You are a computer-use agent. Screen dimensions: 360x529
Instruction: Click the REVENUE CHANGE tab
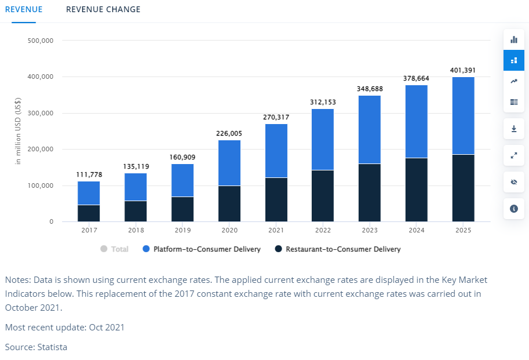click(103, 10)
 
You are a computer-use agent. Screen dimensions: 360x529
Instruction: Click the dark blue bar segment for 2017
click(89, 213)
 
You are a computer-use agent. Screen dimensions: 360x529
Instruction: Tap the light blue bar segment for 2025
click(463, 115)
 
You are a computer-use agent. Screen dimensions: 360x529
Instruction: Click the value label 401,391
click(463, 71)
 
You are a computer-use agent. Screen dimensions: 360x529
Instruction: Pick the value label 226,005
click(229, 133)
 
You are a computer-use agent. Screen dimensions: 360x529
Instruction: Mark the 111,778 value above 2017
click(89, 175)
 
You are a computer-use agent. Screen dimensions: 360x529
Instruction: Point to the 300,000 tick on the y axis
click(41, 114)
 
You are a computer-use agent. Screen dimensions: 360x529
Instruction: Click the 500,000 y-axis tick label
click(41, 41)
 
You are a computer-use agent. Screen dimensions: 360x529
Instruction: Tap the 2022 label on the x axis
click(323, 230)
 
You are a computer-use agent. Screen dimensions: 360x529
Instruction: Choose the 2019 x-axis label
click(183, 230)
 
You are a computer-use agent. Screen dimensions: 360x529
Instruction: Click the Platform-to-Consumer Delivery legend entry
click(202, 249)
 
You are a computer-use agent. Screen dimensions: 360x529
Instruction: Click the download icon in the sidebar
click(513, 129)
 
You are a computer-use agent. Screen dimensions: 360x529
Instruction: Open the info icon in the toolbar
click(513, 209)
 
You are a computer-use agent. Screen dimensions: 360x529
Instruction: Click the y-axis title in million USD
click(19, 131)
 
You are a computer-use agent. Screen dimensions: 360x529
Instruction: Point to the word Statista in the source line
click(52, 347)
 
